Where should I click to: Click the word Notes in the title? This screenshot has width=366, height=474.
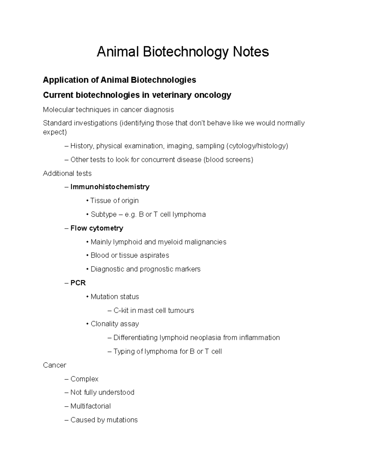pos(251,52)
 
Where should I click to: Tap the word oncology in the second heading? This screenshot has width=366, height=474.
pos(213,95)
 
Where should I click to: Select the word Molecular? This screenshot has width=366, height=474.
pos(58,110)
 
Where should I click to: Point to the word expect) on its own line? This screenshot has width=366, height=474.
pos(55,132)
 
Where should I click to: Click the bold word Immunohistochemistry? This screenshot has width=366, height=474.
pos(110,187)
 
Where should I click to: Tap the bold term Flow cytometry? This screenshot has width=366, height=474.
pos(97,228)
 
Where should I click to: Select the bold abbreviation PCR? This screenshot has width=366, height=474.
pos(78,283)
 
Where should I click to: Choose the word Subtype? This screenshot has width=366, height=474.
pos(103,214)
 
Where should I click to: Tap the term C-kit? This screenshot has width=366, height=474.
pos(121,310)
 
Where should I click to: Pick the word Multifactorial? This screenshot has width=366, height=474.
pos(90,406)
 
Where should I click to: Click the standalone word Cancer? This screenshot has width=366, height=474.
pos(55,365)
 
